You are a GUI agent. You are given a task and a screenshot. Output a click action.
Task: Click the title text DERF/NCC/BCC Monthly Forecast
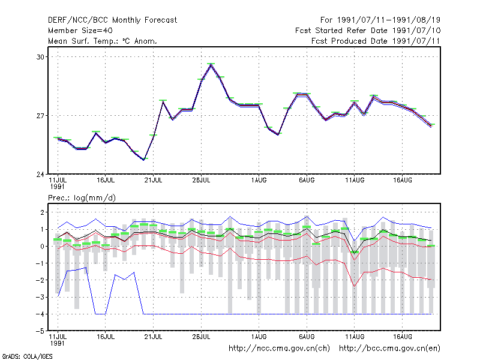tap(112, 20)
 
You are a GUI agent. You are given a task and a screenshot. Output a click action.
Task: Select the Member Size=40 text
tap(80, 31)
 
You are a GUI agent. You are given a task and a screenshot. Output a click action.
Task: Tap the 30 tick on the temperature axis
tap(40, 57)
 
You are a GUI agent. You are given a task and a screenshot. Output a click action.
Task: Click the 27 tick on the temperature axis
tap(40, 116)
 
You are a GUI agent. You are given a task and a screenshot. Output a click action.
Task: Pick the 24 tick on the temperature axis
tap(40, 175)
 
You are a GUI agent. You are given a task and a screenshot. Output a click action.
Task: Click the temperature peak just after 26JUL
tap(211, 65)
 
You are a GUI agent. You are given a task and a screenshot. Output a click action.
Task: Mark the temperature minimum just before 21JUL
tap(143, 160)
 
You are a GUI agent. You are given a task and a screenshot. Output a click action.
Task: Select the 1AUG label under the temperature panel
tap(259, 181)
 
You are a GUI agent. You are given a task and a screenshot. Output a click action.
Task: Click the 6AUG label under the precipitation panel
tap(307, 337)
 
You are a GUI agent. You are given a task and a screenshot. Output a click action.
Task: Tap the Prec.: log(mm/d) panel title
tap(82, 198)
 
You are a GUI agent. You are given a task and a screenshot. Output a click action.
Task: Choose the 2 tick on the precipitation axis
tap(42, 212)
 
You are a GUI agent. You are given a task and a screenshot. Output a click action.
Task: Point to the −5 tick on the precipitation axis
tap(40, 331)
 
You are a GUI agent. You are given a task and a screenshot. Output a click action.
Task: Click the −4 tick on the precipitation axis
tap(40, 314)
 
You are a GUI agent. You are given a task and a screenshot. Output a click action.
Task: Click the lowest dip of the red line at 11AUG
tap(355, 286)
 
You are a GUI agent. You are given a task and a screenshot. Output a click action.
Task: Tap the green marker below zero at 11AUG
tap(355, 253)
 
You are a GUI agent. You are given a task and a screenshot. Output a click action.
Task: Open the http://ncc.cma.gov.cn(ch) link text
tap(279, 349)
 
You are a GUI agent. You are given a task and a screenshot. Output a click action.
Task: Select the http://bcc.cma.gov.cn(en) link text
tap(389, 349)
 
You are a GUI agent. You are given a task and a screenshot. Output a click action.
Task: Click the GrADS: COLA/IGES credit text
tap(27, 356)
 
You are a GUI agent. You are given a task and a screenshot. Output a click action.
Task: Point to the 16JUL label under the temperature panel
tap(106, 181)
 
